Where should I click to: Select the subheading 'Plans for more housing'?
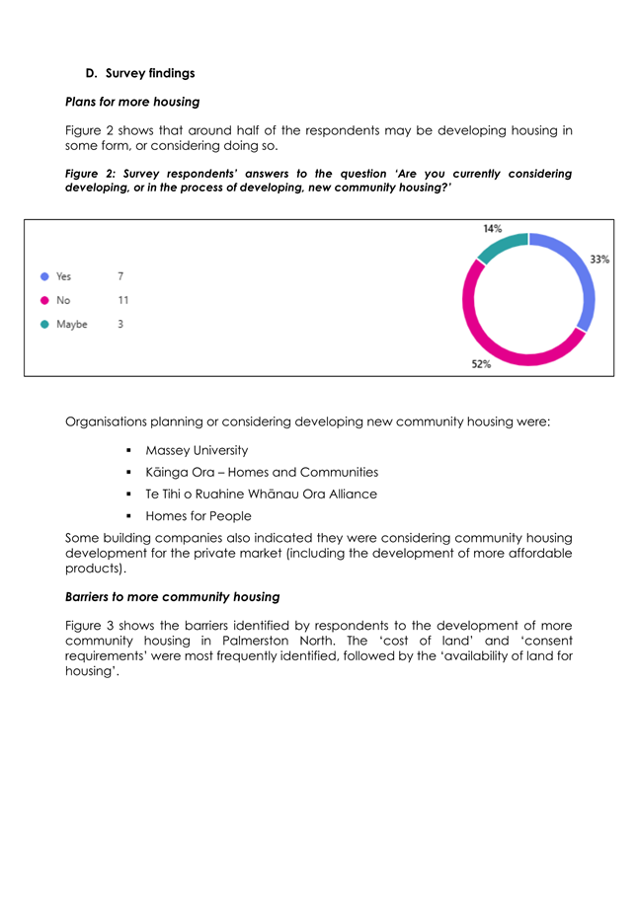coord(131,102)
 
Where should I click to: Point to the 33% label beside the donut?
coord(599,260)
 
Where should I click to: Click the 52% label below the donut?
coord(481,363)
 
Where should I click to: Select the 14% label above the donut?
coord(492,229)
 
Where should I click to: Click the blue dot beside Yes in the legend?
coord(44,276)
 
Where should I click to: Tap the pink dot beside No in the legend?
coord(44,300)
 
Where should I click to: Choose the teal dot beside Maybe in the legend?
coord(44,324)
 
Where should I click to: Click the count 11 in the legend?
coord(122,300)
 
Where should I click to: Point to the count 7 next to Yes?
coord(120,276)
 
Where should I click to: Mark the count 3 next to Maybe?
coord(120,324)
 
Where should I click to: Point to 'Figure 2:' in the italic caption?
coord(93,174)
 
